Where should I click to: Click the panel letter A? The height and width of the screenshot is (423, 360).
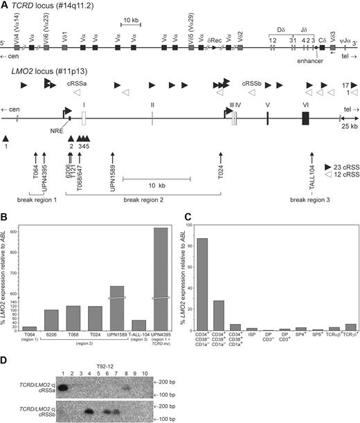(x=4, y=4)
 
